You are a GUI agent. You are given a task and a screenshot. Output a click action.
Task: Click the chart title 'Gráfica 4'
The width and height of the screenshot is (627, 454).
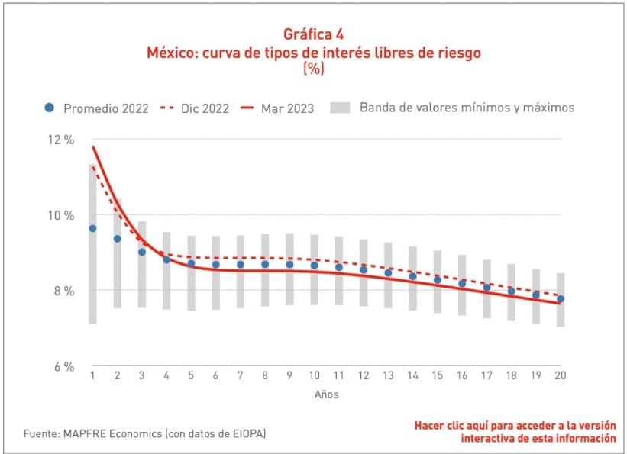pyautogui.click(x=313, y=34)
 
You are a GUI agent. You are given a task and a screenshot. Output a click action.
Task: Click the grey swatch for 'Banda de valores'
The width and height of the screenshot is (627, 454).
pyautogui.click(x=341, y=108)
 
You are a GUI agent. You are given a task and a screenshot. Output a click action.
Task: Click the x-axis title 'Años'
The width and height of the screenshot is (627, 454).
pyautogui.click(x=326, y=394)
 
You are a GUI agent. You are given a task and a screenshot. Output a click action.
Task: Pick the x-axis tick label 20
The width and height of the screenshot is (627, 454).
pyautogui.click(x=561, y=375)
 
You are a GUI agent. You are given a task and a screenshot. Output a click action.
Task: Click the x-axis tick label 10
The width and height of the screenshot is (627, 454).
pyautogui.click(x=314, y=375)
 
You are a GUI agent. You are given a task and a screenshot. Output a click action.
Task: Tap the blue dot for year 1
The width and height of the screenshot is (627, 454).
pyautogui.click(x=92, y=228)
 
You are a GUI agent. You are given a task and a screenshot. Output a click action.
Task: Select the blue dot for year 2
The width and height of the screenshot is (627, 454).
pyautogui.click(x=117, y=239)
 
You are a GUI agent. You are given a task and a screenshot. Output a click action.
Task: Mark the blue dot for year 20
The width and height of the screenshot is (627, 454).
pyautogui.click(x=561, y=298)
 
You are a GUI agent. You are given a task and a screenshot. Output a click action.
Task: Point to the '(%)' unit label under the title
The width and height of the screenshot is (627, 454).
pyautogui.click(x=313, y=68)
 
